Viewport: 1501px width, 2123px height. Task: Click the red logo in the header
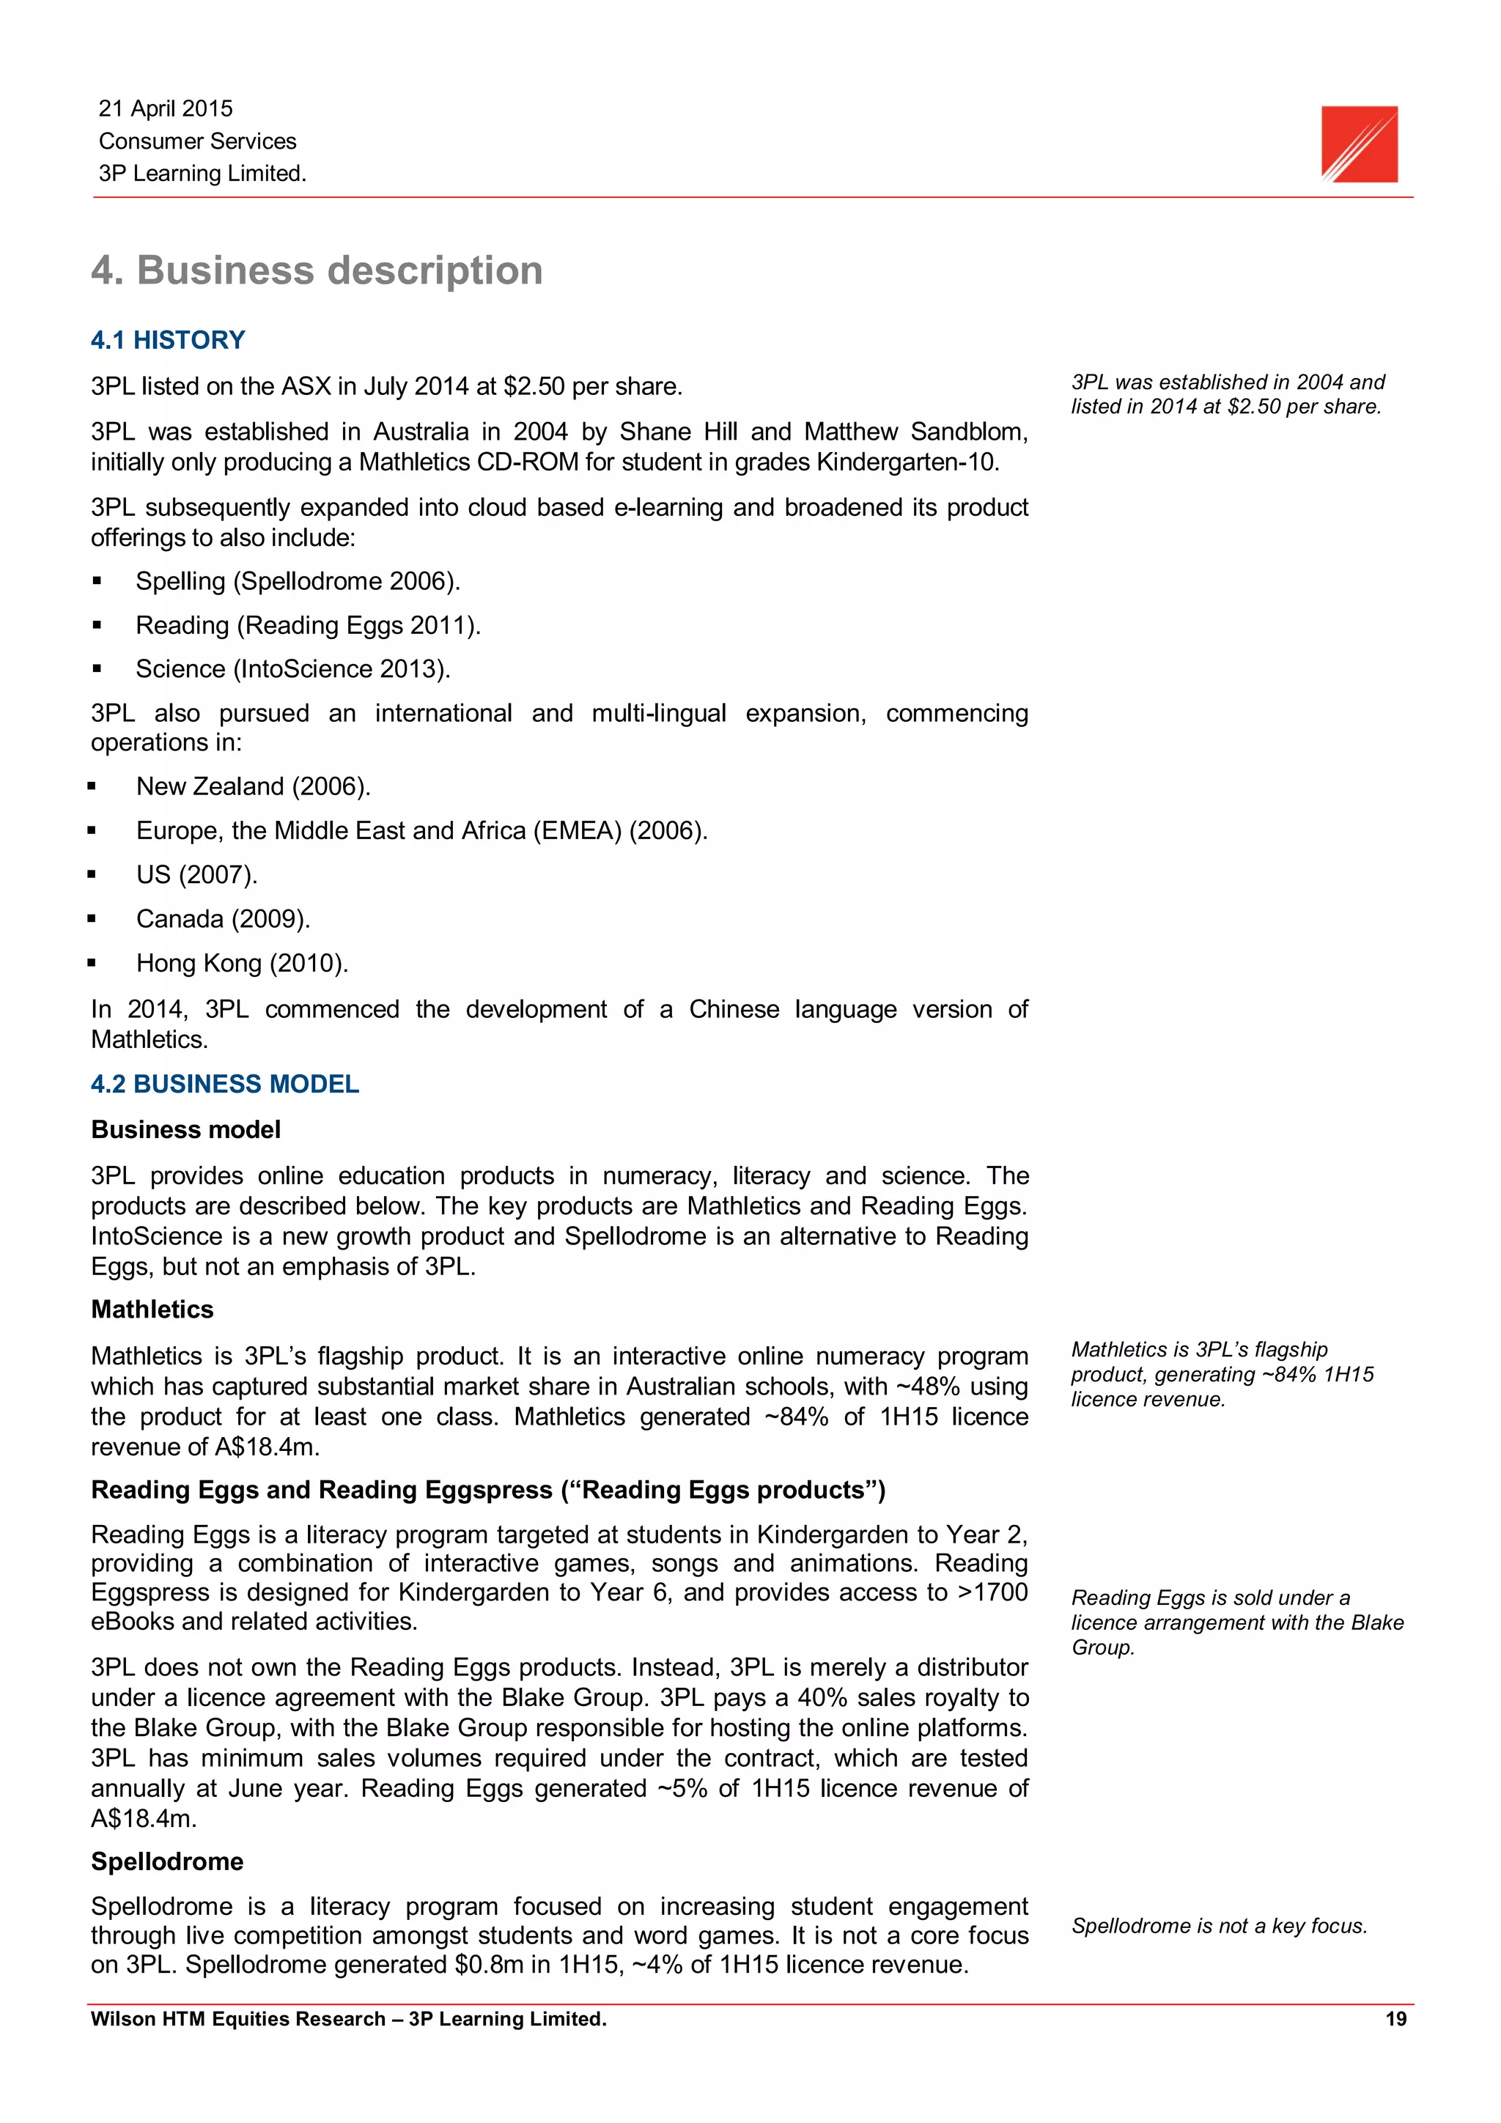tap(1359, 144)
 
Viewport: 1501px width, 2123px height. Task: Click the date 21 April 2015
tap(166, 109)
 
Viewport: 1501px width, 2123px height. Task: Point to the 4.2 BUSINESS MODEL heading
tap(225, 1084)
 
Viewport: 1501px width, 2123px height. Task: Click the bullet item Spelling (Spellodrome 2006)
tap(298, 582)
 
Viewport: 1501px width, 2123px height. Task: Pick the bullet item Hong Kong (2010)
tap(243, 964)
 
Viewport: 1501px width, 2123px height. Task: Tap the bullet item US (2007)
tap(197, 875)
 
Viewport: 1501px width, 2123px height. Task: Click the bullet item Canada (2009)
tap(223, 919)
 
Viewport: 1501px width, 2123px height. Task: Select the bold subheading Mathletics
tap(152, 1310)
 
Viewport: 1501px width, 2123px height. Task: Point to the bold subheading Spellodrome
tap(167, 1861)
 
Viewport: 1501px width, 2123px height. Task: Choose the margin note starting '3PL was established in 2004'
tap(1227, 395)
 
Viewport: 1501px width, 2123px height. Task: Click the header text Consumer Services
tap(198, 141)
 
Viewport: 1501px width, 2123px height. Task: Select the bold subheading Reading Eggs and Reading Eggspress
tap(488, 1491)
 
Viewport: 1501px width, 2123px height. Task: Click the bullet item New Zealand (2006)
tap(254, 787)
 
